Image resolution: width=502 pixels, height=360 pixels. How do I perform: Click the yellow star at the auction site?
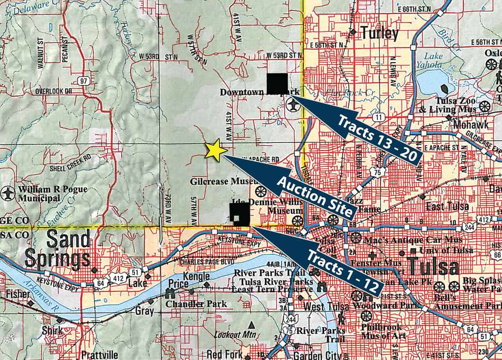tap(216, 150)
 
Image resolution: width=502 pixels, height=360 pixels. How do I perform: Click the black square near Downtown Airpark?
tap(277, 83)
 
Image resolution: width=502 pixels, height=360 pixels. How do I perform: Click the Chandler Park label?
tap(196, 304)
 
